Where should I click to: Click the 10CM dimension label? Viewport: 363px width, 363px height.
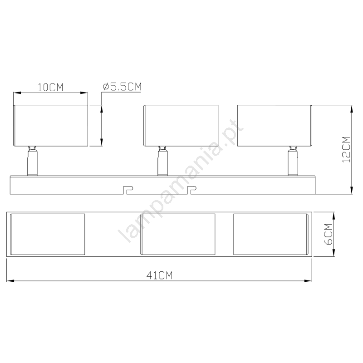(50, 87)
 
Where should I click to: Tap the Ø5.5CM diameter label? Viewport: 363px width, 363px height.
(122, 87)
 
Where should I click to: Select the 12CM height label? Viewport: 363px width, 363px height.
(346, 149)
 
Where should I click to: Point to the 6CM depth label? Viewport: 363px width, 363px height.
(328, 234)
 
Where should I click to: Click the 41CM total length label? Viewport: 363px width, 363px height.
(160, 275)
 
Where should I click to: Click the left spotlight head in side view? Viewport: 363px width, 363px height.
(51, 126)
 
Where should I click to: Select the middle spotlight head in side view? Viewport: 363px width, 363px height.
(181, 126)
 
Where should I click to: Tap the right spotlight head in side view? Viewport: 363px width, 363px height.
(275, 126)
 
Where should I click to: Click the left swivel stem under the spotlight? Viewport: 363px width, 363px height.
(32, 161)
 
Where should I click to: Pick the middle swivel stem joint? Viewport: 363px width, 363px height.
(162, 161)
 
